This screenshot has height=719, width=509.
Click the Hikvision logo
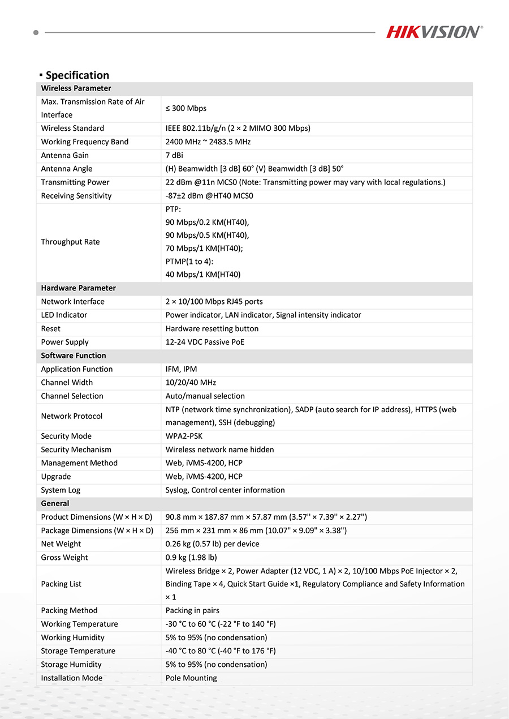(434, 32)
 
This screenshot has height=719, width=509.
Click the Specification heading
(77, 75)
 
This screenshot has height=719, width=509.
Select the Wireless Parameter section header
(76, 88)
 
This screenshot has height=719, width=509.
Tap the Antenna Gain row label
(64, 155)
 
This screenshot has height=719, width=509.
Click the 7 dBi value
(174, 155)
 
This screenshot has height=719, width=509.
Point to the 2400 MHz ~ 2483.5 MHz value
(208, 142)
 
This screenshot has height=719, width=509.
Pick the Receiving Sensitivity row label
(76, 196)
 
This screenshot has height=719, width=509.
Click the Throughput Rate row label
(70, 242)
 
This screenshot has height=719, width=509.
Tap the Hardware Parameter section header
(78, 288)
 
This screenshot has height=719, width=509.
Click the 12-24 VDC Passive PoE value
(205, 342)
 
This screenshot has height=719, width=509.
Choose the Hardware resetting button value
(212, 328)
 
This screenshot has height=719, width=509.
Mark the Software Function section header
(74, 356)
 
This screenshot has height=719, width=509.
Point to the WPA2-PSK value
(184, 436)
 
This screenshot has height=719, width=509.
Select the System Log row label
(61, 490)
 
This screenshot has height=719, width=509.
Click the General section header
(55, 503)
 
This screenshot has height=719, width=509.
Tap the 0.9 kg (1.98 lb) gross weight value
(191, 558)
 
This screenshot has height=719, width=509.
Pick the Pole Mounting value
(191, 678)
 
